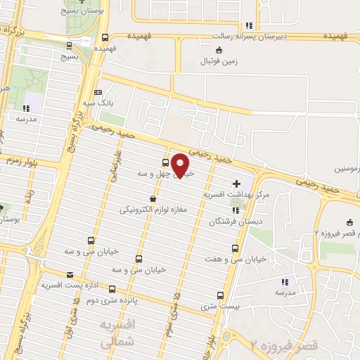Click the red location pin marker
click(181, 166)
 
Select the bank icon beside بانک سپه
click(97, 92)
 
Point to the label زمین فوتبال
click(217, 60)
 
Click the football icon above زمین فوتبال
click(218, 49)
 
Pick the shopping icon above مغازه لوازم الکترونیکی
click(153, 199)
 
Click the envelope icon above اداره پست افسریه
click(69, 274)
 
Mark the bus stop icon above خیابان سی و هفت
click(235, 248)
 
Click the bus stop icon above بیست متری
click(221, 296)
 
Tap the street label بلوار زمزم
click(22, 161)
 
